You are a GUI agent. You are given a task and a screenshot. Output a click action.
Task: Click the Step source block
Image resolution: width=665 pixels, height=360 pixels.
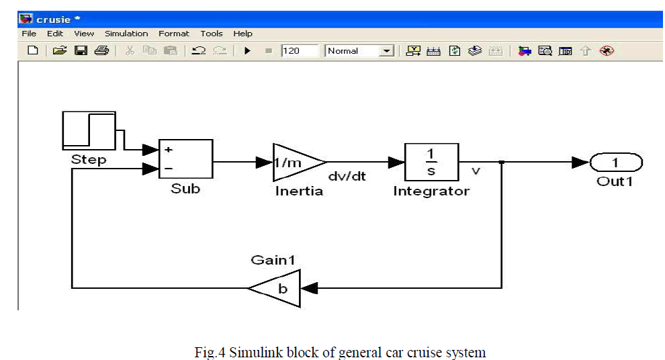coord(89,130)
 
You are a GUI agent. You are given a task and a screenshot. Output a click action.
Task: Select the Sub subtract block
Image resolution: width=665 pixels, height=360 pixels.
coord(185,160)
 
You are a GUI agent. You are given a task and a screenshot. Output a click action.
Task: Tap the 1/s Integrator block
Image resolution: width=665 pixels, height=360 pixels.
coord(431,162)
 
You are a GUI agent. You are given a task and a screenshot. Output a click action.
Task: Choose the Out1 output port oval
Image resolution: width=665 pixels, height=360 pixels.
coord(616,163)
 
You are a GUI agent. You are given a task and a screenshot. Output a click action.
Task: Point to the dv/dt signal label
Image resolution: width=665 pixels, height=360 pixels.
coord(346,177)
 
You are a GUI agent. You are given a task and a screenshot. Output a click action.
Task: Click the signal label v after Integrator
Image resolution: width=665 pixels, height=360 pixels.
coord(476,171)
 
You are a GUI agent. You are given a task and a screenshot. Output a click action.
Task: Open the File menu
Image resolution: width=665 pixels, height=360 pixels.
coord(29,34)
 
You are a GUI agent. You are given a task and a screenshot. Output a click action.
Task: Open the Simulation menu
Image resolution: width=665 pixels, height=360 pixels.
coord(126,34)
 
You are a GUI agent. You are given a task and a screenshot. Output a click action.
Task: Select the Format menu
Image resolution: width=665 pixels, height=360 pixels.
coord(174,34)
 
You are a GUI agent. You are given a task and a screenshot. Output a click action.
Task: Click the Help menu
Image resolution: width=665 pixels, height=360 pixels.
coord(243,34)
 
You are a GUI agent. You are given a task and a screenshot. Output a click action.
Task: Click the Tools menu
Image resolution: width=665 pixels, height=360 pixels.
coord(212,34)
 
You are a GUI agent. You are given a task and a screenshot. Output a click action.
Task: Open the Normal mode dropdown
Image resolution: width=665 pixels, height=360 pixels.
coord(387,51)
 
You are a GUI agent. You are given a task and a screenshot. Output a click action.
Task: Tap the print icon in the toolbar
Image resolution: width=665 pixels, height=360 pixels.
coord(101,51)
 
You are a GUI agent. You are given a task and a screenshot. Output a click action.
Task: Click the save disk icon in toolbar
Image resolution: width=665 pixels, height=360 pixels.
coord(81,51)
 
